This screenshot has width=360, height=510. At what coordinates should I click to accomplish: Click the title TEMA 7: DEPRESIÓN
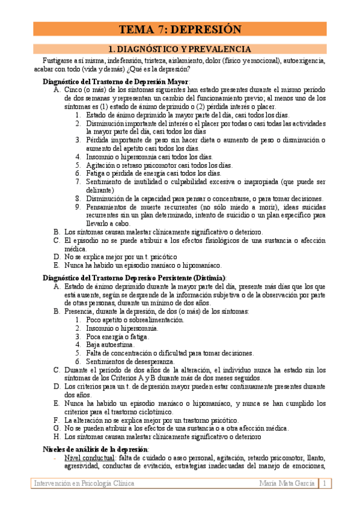(180, 29)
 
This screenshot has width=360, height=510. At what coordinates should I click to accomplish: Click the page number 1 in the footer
(325, 483)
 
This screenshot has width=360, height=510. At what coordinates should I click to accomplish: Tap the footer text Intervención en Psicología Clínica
(84, 483)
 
